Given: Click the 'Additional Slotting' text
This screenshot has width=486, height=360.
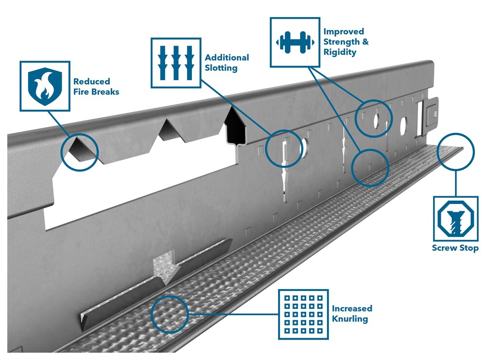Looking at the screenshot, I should [x=226, y=63].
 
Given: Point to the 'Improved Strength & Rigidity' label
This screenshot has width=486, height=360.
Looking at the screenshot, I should [x=346, y=41].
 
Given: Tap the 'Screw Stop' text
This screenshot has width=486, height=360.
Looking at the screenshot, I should [x=455, y=248].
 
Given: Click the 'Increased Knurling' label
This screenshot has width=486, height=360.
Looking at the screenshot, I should [x=352, y=313].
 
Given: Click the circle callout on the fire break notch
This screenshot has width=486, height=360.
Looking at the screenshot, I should [x=80, y=152].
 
